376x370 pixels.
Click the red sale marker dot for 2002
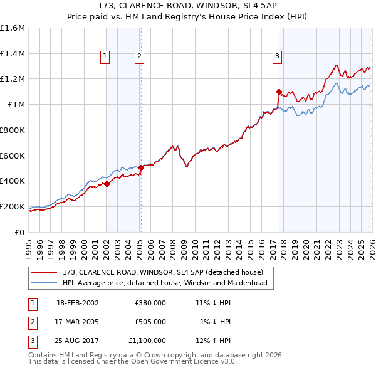[107, 184]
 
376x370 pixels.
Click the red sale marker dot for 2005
[141, 167]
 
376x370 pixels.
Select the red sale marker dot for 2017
[279, 92]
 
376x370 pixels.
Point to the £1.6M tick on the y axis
[13, 28]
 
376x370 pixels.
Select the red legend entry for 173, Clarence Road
[167, 272]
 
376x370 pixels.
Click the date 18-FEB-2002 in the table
[77, 303]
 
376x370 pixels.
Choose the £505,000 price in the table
[150, 322]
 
